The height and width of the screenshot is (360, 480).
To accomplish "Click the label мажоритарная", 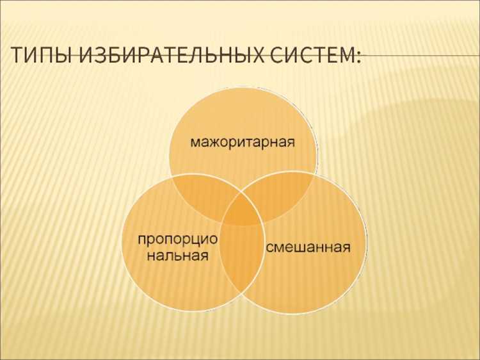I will pyautogui.click(x=243, y=140).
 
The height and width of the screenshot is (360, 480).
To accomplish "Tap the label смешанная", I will pyautogui.click(x=308, y=246).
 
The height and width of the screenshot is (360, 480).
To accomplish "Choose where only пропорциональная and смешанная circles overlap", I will pyautogui.click(x=242, y=263).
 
